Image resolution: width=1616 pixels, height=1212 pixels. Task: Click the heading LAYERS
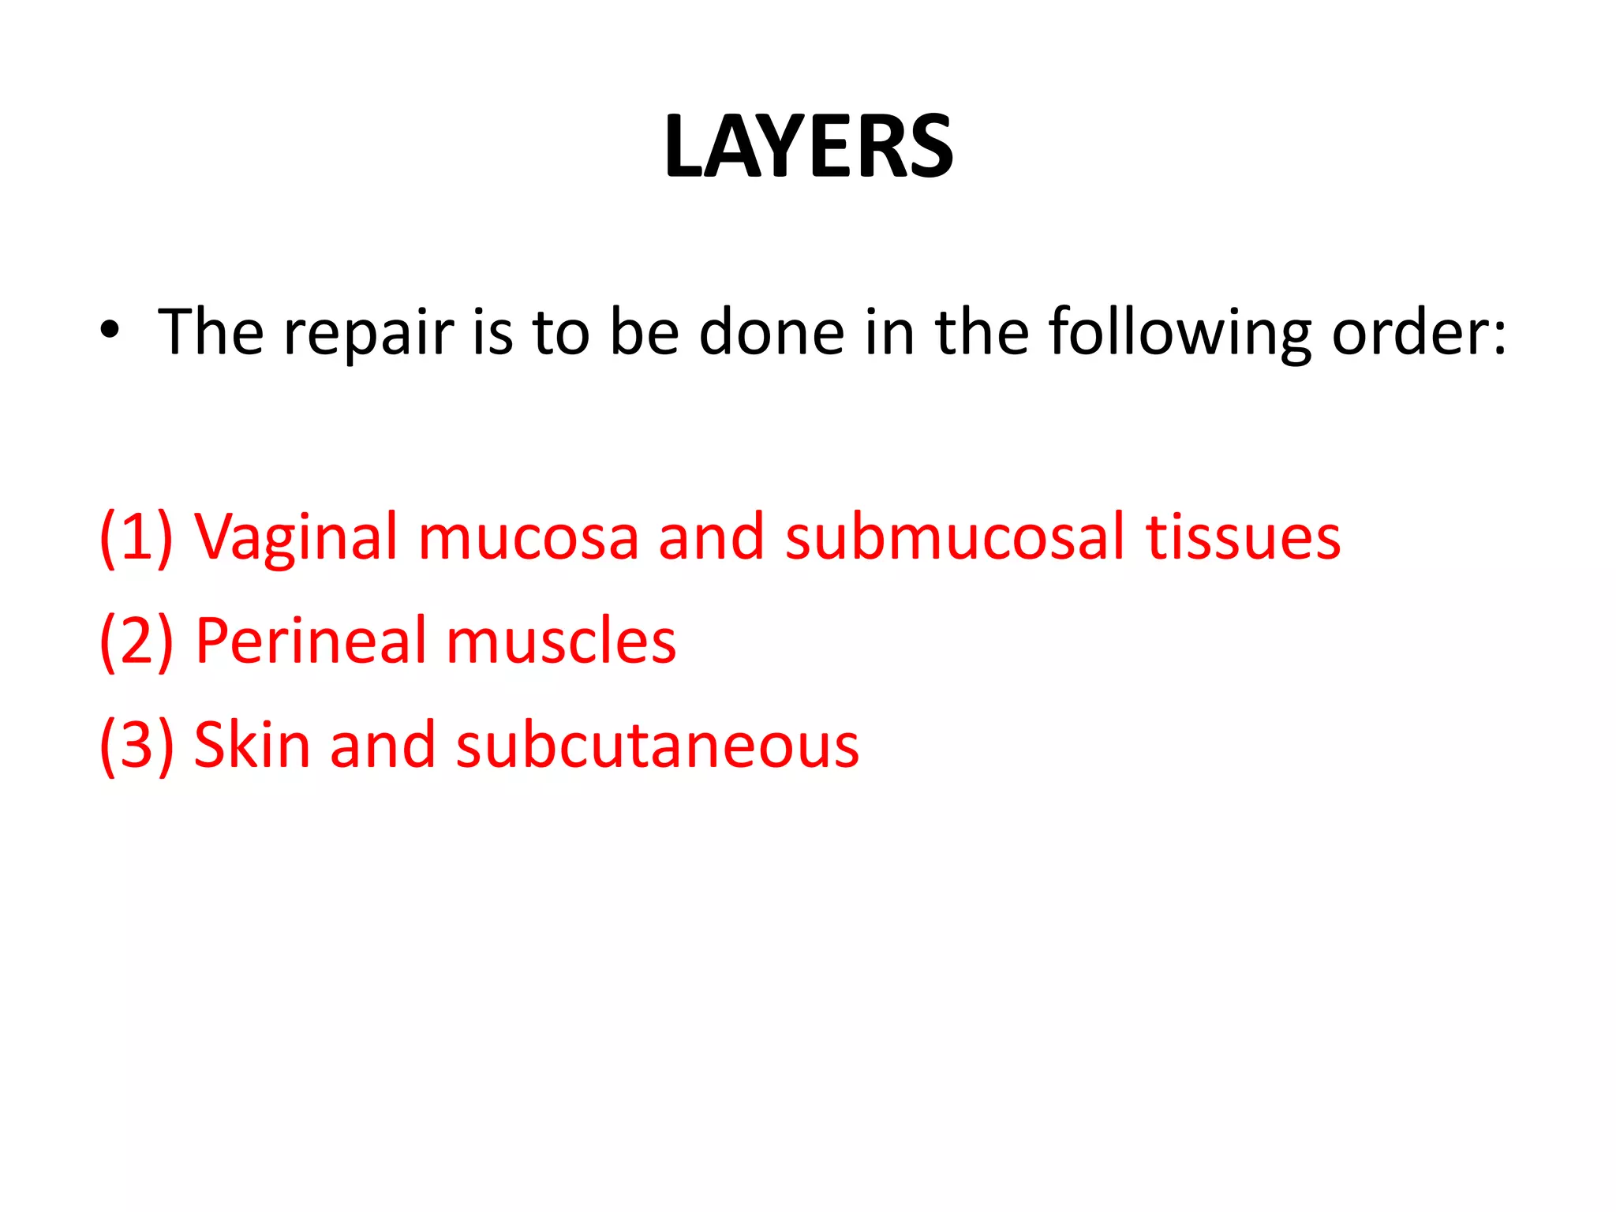(x=808, y=147)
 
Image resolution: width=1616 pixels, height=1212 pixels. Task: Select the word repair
(x=368, y=334)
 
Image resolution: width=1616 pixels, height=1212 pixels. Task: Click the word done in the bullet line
(x=772, y=332)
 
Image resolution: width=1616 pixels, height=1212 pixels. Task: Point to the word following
(x=1179, y=334)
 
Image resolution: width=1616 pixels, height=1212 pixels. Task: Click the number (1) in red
(x=136, y=538)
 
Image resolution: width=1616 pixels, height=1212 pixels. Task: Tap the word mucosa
(x=528, y=538)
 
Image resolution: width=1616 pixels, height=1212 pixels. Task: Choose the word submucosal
(x=954, y=538)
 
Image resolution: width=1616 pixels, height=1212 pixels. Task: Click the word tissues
(x=1243, y=538)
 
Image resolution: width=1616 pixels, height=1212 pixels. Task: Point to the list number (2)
(x=136, y=642)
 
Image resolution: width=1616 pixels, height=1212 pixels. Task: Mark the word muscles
(x=561, y=642)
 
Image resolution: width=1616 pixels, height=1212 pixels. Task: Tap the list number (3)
(x=136, y=746)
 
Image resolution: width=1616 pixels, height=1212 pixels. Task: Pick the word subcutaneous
(x=657, y=746)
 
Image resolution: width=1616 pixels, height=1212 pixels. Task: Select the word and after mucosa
(x=711, y=538)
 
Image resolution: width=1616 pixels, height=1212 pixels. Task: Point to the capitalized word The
(x=211, y=332)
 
